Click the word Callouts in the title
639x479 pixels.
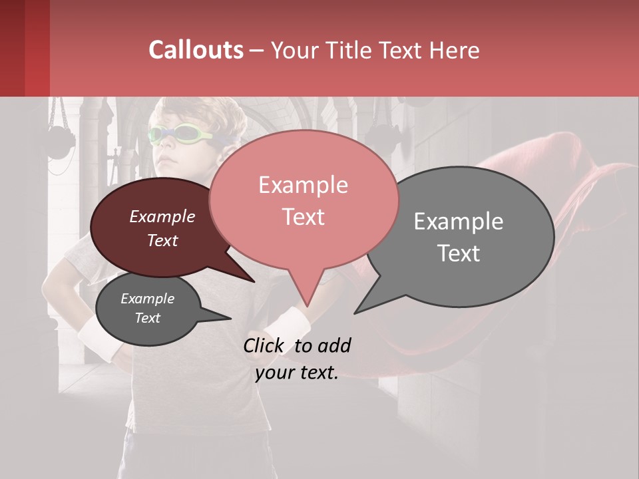point(196,50)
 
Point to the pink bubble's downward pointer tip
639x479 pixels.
point(307,306)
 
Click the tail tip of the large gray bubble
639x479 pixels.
point(355,313)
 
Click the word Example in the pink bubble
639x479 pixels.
point(303,184)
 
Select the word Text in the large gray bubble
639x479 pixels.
point(459,253)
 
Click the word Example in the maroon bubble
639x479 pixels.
point(162,216)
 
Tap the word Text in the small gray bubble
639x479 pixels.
point(148,318)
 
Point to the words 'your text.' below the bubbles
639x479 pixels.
point(297,373)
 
